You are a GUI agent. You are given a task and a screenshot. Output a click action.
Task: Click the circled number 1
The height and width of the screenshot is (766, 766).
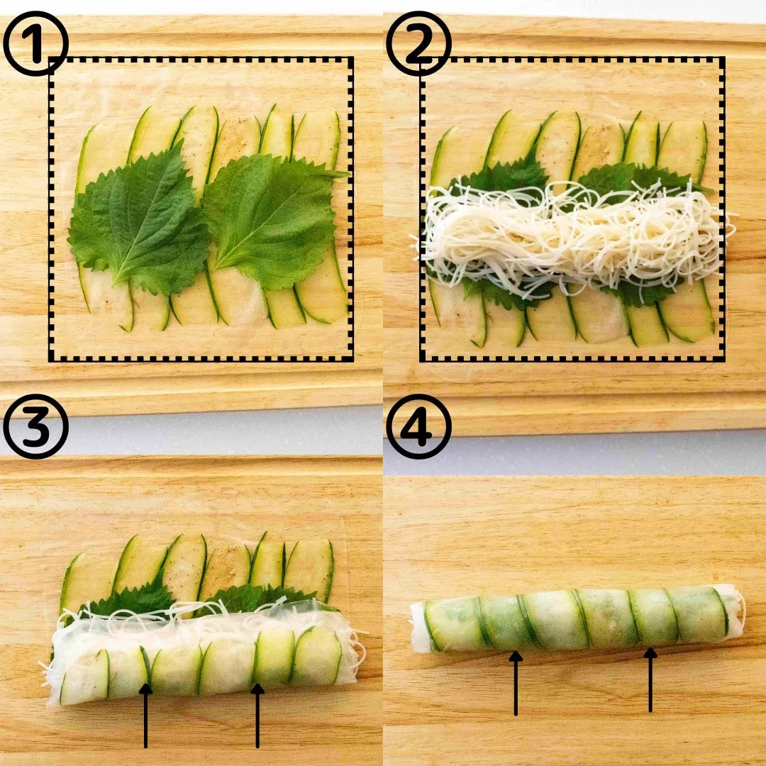(x=35, y=43)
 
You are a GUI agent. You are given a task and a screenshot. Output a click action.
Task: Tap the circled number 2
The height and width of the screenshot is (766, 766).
(x=418, y=43)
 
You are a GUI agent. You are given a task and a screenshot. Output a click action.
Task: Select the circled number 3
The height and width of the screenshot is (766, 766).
(x=35, y=426)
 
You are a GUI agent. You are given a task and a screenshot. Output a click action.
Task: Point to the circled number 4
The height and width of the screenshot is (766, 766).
(x=418, y=426)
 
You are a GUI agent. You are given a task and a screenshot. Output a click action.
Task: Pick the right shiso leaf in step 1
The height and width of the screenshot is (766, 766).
(x=274, y=220)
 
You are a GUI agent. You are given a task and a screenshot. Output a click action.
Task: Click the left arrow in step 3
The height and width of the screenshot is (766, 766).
(x=145, y=716)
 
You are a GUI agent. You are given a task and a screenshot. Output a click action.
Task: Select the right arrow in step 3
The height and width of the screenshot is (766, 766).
(x=257, y=716)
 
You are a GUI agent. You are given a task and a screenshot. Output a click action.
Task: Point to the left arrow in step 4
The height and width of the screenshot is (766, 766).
(x=516, y=683)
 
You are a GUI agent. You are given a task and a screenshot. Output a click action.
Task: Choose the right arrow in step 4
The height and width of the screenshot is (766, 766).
(x=650, y=679)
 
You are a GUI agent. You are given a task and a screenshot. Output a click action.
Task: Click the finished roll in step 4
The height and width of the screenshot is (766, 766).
(x=577, y=618)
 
